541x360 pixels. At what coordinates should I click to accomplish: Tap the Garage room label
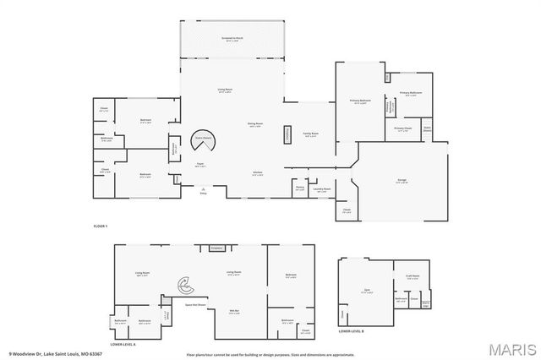402,182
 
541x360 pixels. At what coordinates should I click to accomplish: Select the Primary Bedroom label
361,101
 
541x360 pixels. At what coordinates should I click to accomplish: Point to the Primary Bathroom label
411,94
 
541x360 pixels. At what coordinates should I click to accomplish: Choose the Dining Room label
255,124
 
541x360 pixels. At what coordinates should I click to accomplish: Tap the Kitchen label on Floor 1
257,174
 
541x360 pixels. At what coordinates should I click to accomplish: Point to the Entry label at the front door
203,194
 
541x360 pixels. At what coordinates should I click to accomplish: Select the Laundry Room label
321,189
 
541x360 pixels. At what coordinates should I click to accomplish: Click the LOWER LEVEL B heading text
351,332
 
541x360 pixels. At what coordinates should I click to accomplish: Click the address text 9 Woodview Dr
42,353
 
